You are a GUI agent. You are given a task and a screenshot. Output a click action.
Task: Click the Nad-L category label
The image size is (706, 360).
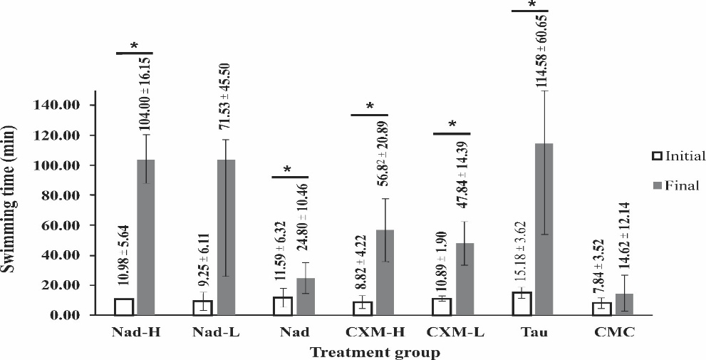(214, 332)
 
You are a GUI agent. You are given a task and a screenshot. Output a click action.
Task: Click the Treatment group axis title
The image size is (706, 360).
(374, 351)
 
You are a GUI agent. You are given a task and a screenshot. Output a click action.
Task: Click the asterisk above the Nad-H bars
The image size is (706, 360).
(135, 46)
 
